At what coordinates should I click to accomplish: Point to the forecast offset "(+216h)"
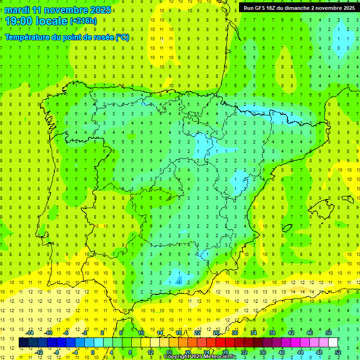click(x=83, y=21)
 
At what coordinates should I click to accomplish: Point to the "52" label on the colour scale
click(x=338, y=352)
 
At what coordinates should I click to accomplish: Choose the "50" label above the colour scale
click(x=329, y=333)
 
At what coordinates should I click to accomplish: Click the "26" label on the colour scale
click(x=216, y=333)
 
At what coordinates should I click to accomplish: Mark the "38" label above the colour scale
click(x=272, y=333)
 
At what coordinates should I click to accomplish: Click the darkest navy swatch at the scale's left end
click(x=24, y=343)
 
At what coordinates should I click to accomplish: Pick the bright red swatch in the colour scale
click(x=221, y=343)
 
